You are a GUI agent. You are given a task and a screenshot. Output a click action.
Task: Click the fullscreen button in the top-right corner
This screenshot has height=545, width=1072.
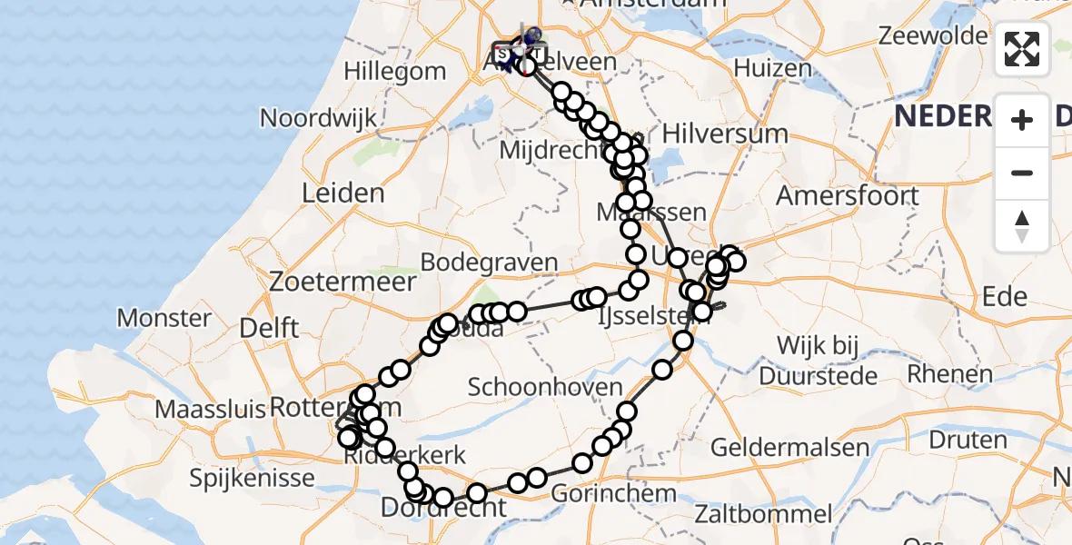tap(1022, 49)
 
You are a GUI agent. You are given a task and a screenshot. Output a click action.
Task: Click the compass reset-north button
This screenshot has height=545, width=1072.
tap(1022, 226)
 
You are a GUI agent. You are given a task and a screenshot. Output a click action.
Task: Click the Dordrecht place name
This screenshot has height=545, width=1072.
tap(442, 510)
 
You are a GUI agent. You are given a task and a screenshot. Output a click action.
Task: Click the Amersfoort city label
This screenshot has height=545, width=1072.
tap(848, 195)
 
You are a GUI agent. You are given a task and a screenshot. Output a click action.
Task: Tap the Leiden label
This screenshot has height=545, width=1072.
tap(343, 193)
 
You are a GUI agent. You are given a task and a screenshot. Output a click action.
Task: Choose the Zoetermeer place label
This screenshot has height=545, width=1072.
tap(342, 282)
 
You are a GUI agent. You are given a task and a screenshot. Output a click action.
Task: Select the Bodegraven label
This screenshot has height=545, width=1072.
tap(489, 263)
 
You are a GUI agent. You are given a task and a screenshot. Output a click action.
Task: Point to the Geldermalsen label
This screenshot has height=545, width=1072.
tap(777, 447)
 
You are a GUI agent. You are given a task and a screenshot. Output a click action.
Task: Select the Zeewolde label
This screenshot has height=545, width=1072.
tap(933, 36)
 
